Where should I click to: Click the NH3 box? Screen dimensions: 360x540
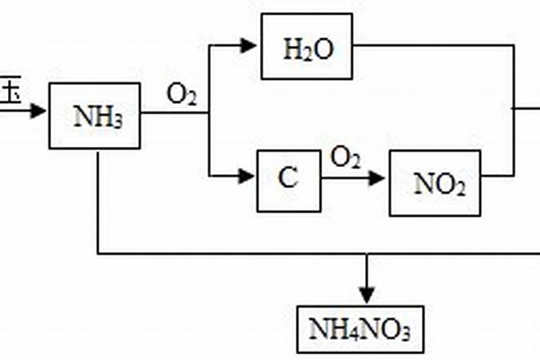94,116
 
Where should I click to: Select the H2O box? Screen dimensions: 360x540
307,50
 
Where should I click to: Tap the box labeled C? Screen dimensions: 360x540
289,180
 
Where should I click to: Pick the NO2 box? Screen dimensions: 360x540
435,183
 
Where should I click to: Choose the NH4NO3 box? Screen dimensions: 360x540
360,330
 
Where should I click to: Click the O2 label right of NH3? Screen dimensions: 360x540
181,95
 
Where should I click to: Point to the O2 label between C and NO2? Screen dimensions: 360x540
346,158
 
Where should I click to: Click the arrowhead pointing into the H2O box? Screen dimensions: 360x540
249,46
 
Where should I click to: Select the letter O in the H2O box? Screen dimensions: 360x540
320,50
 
